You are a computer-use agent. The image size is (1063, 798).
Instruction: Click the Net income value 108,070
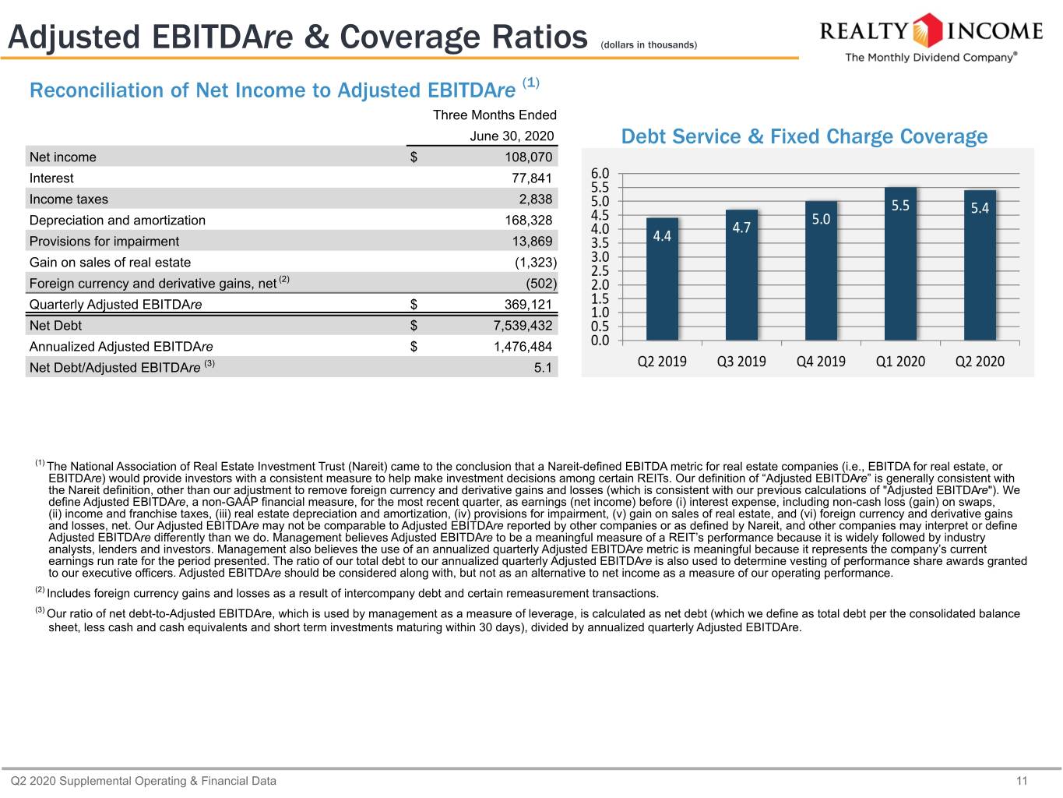528,157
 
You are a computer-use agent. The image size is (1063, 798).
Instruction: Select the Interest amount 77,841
531,178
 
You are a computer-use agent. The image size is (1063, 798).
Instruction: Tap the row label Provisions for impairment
104,242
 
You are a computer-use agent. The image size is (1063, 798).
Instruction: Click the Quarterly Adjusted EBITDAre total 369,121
528,304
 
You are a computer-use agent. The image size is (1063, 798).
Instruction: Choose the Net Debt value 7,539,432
523,326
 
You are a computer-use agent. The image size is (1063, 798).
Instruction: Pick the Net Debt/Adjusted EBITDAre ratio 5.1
543,368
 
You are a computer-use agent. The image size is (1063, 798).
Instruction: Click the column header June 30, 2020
512,136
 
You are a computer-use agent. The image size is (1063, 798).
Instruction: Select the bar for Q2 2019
662,279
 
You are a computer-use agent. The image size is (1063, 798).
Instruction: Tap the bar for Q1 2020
900,263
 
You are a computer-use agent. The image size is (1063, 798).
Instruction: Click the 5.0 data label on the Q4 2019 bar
821,220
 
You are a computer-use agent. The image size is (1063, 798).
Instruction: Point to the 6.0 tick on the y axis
600,174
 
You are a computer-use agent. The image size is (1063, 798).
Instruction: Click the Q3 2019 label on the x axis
741,362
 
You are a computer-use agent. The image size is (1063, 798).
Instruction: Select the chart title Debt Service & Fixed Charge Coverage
804,136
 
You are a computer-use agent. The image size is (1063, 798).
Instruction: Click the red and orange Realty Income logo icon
927,30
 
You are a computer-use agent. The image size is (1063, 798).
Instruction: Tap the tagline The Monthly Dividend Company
931,57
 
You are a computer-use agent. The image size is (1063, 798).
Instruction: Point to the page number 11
1022,781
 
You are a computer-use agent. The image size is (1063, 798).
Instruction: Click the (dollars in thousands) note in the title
649,45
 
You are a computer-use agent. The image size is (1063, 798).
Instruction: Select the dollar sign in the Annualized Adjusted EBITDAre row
414,347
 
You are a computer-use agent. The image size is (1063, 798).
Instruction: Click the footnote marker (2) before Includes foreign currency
40,590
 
